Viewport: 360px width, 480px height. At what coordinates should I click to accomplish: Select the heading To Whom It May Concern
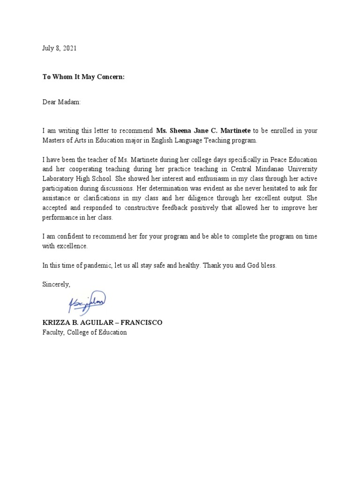[x=83, y=77]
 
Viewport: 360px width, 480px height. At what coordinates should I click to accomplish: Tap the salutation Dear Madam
[x=62, y=102]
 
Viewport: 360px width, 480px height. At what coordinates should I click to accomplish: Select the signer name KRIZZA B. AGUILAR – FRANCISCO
[x=102, y=323]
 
